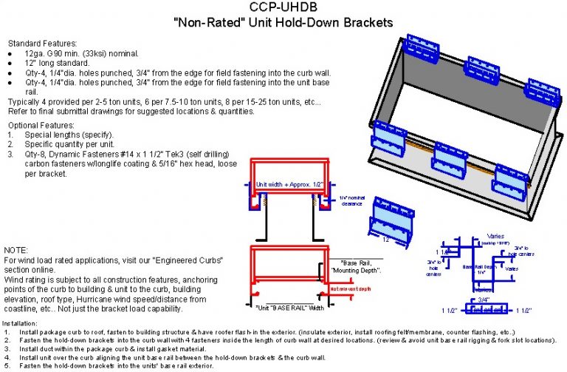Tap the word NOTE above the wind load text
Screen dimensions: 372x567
[17, 251]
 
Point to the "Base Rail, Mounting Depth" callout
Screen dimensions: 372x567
[360, 267]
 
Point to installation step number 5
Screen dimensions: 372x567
[6, 366]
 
